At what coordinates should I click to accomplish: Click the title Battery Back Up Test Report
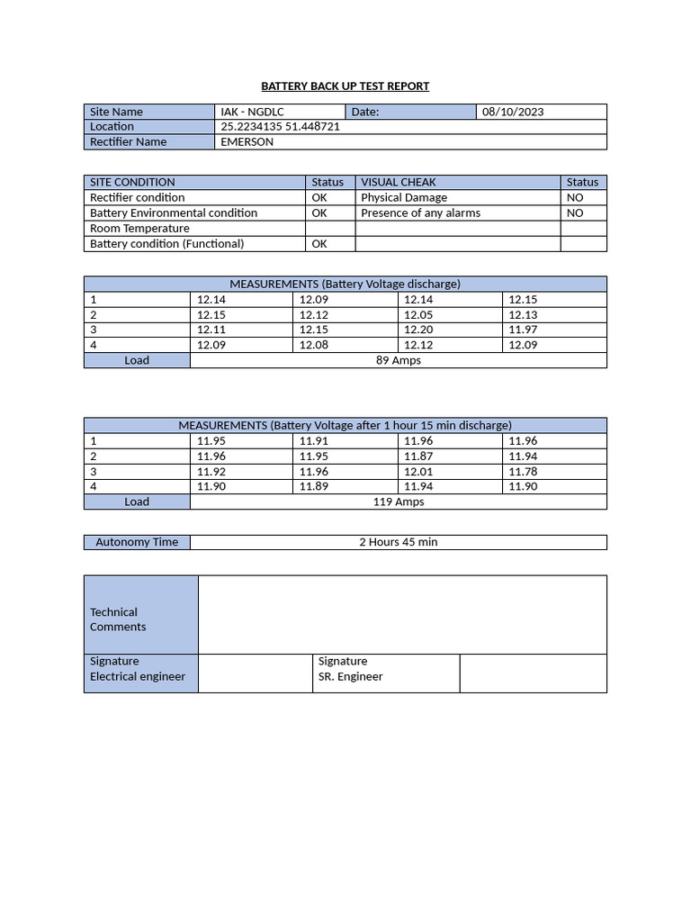click(345, 86)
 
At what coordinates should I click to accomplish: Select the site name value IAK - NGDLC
click(252, 112)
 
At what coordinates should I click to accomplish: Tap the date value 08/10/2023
click(513, 112)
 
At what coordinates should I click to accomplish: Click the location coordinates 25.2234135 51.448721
click(280, 127)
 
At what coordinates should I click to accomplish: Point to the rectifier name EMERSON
click(247, 142)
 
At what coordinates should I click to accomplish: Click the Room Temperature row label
click(139, 229)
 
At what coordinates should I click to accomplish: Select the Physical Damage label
click(404, 198)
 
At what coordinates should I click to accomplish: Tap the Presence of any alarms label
click(420, 213)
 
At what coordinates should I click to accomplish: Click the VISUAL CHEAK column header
click(398, 183)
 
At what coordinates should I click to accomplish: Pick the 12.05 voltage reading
click(418, 315)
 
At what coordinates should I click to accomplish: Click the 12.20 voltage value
click(418, 330)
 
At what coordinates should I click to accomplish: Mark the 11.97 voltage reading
click(523, 330)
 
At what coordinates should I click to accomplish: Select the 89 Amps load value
click(398, 360)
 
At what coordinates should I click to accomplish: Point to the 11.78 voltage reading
click(523, 472)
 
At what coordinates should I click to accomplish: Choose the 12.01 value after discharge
click(418, 472)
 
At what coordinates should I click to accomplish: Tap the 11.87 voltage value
click(418, 456)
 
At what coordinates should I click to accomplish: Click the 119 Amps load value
click(398, 502)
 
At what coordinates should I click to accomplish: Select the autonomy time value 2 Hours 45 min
click(398, 542)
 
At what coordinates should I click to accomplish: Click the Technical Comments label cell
click(117, 619)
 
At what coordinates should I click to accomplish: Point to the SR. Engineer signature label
click(350, 676)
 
